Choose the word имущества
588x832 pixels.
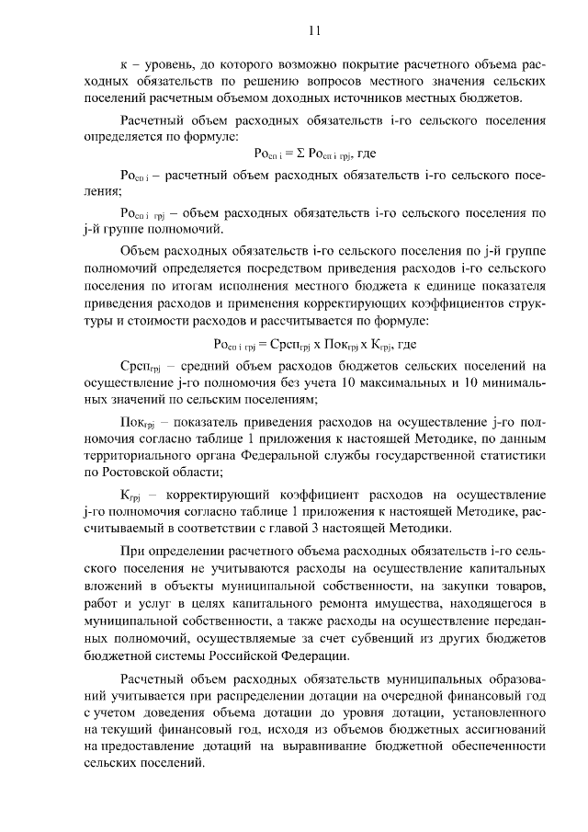coord(407,601)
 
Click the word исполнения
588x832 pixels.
coord(243,292)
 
